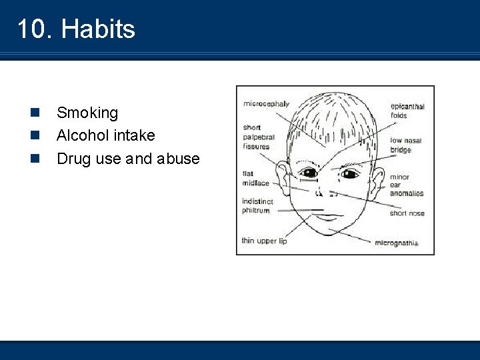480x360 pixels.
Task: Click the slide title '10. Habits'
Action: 76,29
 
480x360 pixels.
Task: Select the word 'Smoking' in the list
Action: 87,113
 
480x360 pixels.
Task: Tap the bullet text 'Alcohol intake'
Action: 105,135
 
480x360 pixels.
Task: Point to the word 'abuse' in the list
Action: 178,159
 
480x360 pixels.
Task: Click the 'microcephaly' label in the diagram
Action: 266,104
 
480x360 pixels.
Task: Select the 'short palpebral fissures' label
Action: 256,137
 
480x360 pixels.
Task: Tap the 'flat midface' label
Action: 256,178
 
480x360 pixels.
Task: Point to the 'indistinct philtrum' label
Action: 258,205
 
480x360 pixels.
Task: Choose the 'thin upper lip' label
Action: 264,241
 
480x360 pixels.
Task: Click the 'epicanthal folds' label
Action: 407,111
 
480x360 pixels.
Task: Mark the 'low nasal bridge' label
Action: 405,145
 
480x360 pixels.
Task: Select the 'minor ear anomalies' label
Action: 406,185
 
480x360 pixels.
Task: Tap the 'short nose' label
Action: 407,213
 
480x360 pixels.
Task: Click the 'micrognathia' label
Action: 397,243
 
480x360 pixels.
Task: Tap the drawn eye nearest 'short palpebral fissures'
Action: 308,173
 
